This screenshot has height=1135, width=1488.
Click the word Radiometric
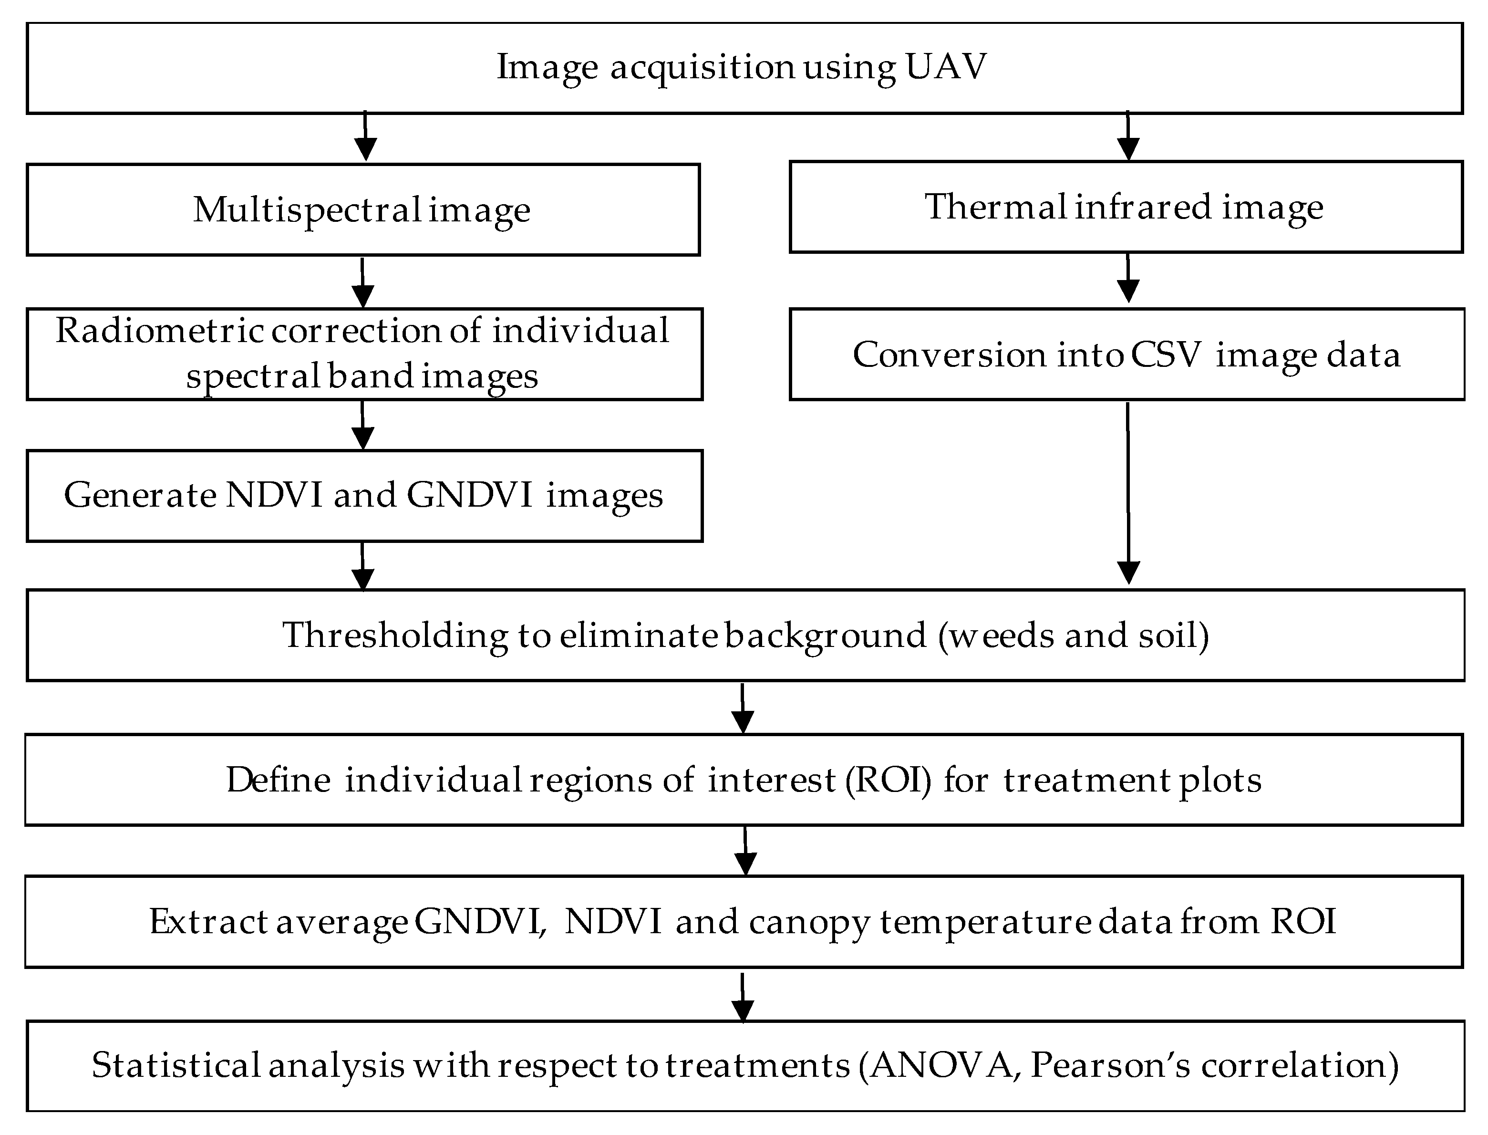159,331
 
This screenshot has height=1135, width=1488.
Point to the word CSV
1167,354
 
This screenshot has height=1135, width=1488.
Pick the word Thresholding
395,636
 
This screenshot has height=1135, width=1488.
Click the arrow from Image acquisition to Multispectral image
365,137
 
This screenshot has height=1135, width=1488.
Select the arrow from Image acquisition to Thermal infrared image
1128,137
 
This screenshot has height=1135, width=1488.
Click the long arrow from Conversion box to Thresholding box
1128,493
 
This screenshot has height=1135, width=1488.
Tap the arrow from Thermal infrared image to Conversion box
1128,278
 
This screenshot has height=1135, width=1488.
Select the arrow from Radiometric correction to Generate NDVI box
363,426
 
